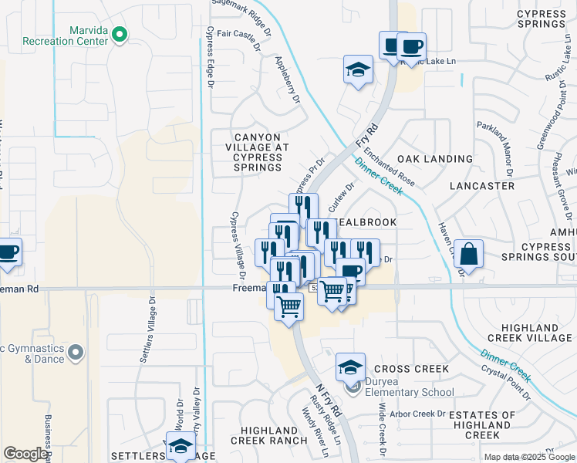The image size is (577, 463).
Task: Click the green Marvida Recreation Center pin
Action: click(x=120, y=34)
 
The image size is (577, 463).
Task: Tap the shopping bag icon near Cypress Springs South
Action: click(x=468, y=252)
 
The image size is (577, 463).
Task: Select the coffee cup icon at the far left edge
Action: click(x=8, y=252)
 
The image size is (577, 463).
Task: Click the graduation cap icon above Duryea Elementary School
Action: click(x=350, y=366)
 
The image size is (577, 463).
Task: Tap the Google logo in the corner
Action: click(x=25, y=454)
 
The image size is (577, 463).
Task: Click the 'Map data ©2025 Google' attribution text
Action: click(x=529, y=457)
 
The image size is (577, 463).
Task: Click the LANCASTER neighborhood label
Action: click(x=482, y=186)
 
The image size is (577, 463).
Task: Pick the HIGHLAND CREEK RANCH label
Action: click(x=269, y=435)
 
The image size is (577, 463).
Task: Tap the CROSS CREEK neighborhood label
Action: click(x=410, y=369)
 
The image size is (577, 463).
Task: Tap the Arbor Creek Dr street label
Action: click(x=419, y=414)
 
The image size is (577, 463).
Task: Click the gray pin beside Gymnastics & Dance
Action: click(x=75, y=353)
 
